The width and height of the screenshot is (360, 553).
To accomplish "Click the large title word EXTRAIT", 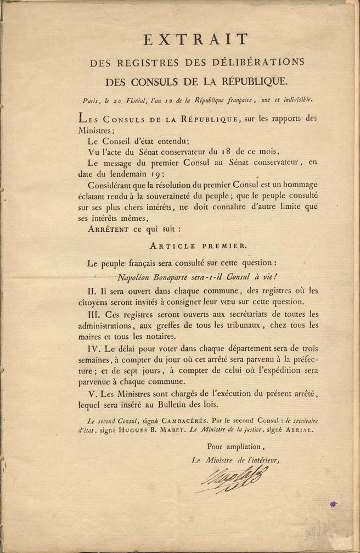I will coord(196,39).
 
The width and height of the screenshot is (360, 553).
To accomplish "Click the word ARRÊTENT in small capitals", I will coord(105,230).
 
